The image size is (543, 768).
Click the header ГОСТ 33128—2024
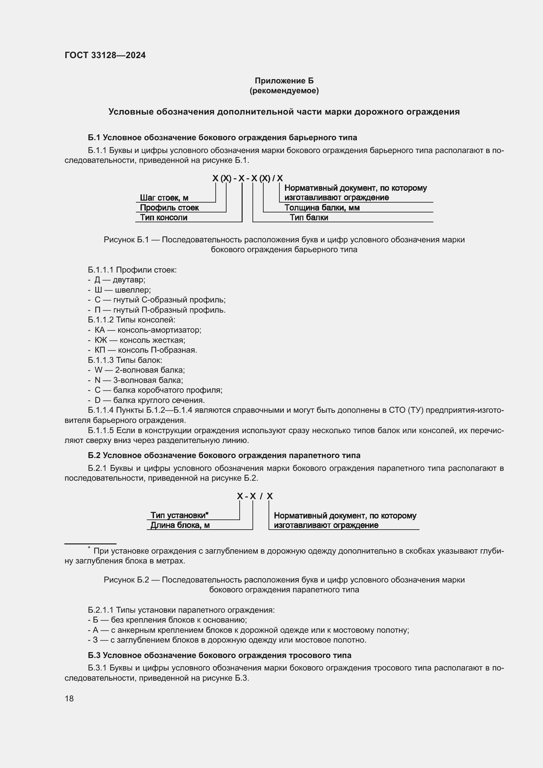tap(105, 55)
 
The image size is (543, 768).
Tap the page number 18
tap(69, 698)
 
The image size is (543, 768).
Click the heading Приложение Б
tap(284, 81)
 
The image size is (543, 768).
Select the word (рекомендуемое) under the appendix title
tap(284, 91)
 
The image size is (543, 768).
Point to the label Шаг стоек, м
tap(164, 198)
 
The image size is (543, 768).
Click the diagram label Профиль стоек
tap(169, 208)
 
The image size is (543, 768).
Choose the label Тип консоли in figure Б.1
tap(163, 217)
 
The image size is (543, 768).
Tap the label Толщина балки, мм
tap(322, 208)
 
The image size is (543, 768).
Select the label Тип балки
tap(309, 217)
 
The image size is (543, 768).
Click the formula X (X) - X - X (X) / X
tap(248, 178)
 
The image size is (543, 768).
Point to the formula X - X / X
tap(255, 496)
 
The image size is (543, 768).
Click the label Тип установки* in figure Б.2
tap(179, 515)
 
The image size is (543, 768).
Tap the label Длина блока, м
tap(180, 525)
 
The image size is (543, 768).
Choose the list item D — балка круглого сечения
tap(149, 400)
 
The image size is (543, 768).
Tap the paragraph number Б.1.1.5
tap(101, 430)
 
